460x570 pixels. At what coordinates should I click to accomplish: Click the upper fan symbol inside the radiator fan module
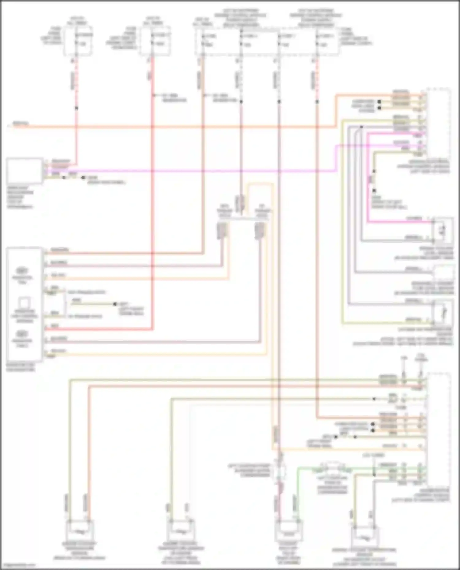[x=22, y=271]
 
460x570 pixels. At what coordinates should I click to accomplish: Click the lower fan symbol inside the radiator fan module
[x=22, y=334]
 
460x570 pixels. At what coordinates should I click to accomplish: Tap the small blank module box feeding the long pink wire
[x=25, y=171]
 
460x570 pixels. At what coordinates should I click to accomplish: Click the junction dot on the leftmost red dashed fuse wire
[x=76, y=108]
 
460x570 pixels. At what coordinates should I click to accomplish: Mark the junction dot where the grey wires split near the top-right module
[x=362, y=127]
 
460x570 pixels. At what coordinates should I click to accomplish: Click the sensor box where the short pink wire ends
[x=443, y=230]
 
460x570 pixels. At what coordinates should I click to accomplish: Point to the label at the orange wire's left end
[x=20, y=124]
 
